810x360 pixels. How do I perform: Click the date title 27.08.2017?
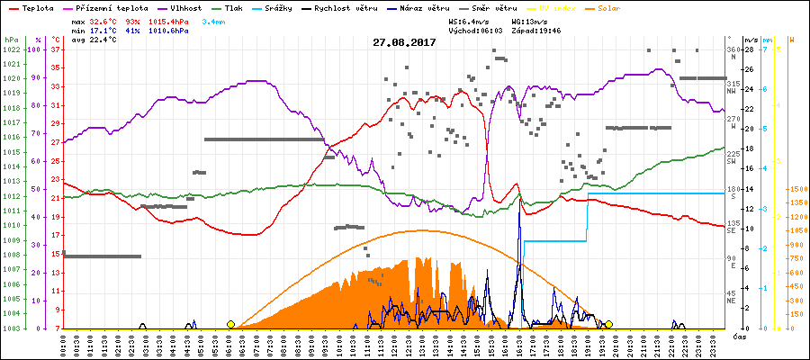[404, 42]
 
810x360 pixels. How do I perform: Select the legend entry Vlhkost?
[187, 7]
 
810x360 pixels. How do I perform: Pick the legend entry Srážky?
[301, 7]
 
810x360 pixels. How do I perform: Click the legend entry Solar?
[602, 7]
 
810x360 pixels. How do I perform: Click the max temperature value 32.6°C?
[106, 21]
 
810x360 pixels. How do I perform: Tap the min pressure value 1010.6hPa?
[169, 31]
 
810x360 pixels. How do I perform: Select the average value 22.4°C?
[106, 40]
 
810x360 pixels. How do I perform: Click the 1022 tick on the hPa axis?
[11, 49]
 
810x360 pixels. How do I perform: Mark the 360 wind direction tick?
[733, 49]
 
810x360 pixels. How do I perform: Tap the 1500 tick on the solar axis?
[798, 190]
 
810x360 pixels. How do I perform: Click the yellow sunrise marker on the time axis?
[230, 324]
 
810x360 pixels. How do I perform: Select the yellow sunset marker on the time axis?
[608, 324]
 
